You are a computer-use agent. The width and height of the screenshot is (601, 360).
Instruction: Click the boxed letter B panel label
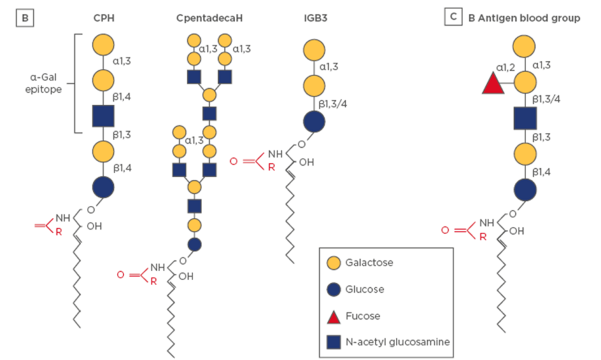click(24, 19)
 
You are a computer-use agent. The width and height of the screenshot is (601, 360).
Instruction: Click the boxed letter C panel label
click(453, 18)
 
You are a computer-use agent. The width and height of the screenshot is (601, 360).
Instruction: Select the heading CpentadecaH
click(209, 19)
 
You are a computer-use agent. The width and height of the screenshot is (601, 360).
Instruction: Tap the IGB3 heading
click(313, 19)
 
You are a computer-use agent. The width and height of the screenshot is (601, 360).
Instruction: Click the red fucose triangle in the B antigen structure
click(494, 83)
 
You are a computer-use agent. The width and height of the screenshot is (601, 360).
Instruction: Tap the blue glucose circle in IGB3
click(313, 121)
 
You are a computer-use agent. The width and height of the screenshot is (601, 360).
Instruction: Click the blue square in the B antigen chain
click(524, 118)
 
